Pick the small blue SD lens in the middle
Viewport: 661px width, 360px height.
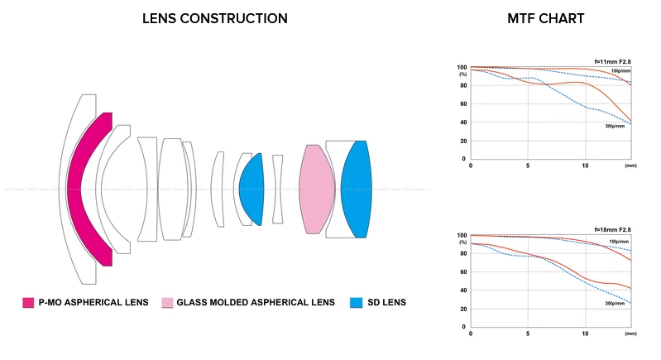coord(251,189)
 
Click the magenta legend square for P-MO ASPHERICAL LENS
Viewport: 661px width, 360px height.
coord(28,302)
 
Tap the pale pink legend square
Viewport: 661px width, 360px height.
coord(167,302)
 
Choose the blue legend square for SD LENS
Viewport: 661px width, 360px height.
coord(356,302)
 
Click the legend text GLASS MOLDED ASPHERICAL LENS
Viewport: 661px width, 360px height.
coord(256,302)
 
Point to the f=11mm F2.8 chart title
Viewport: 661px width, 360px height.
coord(613,60)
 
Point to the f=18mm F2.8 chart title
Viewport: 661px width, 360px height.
coord(613,229)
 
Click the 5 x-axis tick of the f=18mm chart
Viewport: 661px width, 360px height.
coord(528,334)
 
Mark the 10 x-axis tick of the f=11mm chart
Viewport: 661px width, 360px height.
coord(585,166)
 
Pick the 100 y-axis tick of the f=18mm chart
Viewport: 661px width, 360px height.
coord(462,236)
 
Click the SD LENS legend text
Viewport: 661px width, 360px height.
coord(386,302)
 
